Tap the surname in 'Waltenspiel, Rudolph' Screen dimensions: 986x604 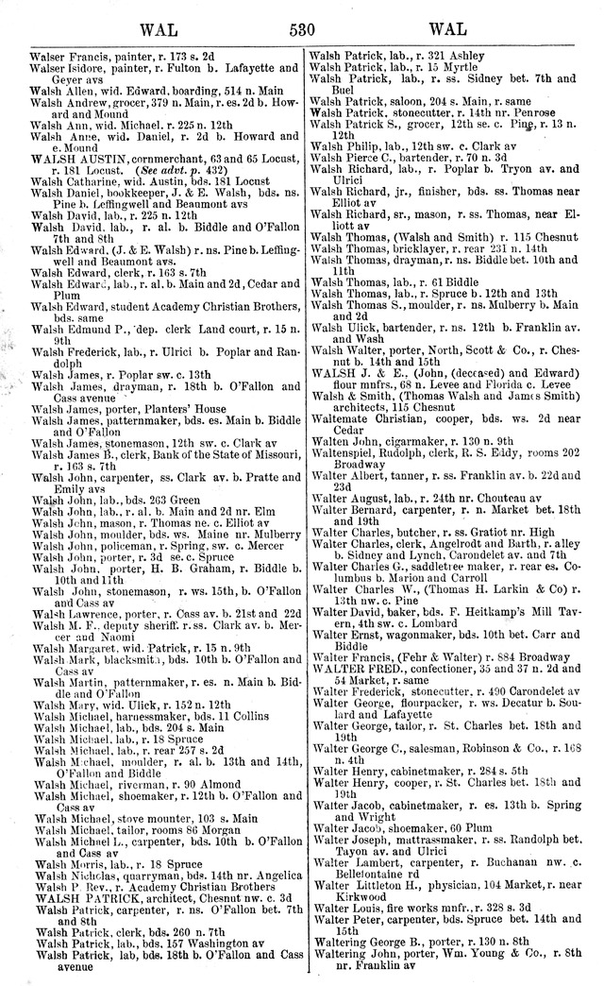tap(351, 451)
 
